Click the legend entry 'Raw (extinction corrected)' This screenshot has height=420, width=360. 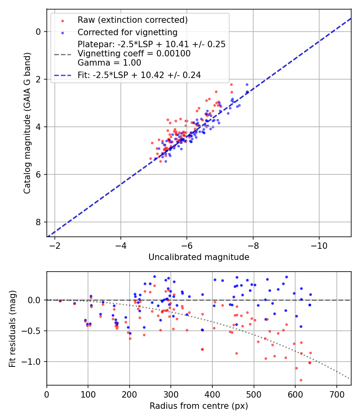tap(132, 20)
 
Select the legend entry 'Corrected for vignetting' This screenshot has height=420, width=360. tap(128, 32)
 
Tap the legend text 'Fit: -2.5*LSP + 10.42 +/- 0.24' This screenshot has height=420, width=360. tap(139, 75)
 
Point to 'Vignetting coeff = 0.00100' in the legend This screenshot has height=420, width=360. tap(134, 54)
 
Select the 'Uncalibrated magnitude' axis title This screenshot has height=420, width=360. tap(199, 257)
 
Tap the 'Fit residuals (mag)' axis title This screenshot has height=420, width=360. tap(13, 328)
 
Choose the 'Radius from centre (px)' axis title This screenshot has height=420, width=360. tap(199, 406)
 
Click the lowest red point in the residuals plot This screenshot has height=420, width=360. tap(301, 380)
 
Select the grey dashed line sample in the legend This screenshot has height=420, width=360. tap(62, 54)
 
